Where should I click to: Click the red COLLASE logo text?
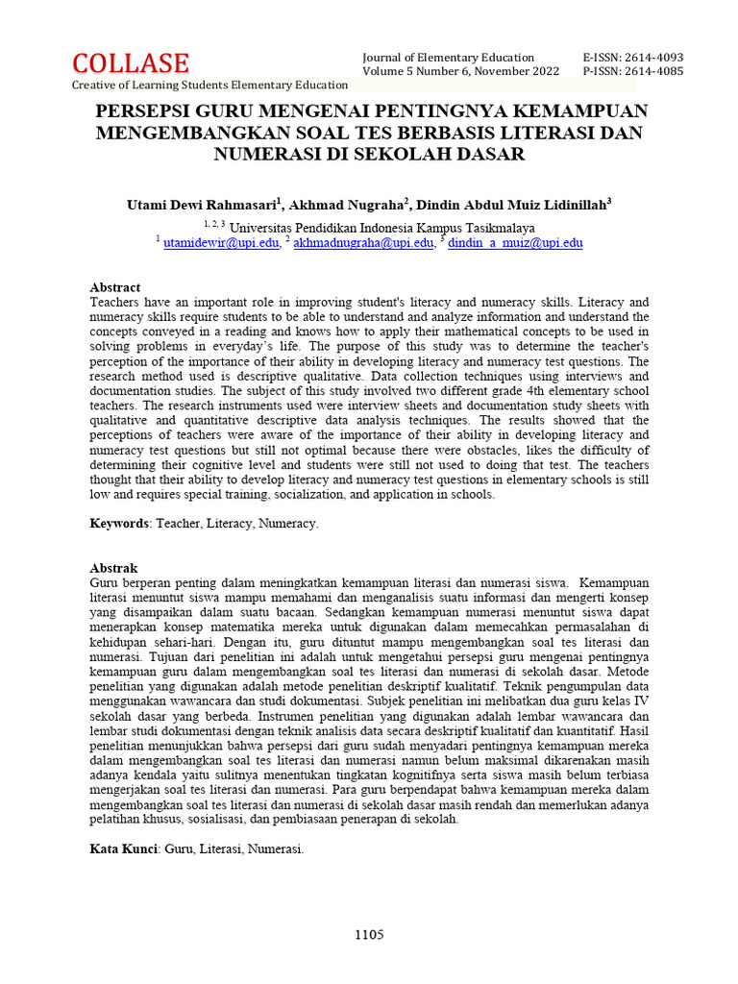(x=131, y=63)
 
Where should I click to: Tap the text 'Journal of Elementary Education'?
(x=448, y=58)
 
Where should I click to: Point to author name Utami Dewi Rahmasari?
(x=202, y=205)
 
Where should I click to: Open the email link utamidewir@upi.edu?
(x=221, y=243)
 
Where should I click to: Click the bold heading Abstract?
(x=114, y=287)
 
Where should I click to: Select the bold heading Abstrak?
(x=113, y=568)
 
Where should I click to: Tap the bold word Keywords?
(x=119, y=524)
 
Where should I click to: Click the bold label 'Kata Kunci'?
(x=123, y=849)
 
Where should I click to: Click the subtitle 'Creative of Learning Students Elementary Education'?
(x=210, y=86)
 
